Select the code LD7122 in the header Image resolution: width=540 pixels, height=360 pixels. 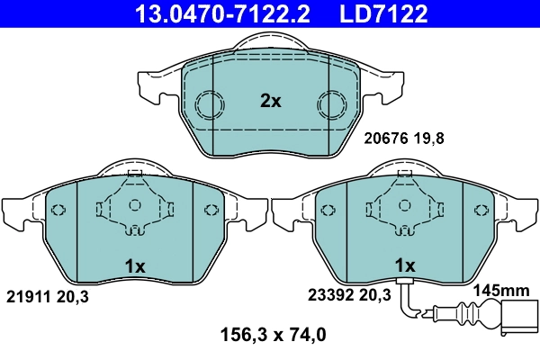[382, 13]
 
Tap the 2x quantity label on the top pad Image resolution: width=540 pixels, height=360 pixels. [270, 102]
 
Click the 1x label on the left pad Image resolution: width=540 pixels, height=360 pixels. [135, 265]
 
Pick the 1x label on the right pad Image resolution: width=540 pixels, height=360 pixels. [405, 265]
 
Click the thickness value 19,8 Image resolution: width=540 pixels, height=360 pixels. [430, 139]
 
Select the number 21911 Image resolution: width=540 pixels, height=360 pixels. [28, 295]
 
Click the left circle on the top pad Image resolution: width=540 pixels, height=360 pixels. [211, 105]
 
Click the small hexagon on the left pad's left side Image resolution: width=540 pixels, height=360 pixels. [59, 211]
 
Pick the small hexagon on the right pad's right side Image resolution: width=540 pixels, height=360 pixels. [481, 211]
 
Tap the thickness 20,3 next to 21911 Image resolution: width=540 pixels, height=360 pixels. [74, 295]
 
